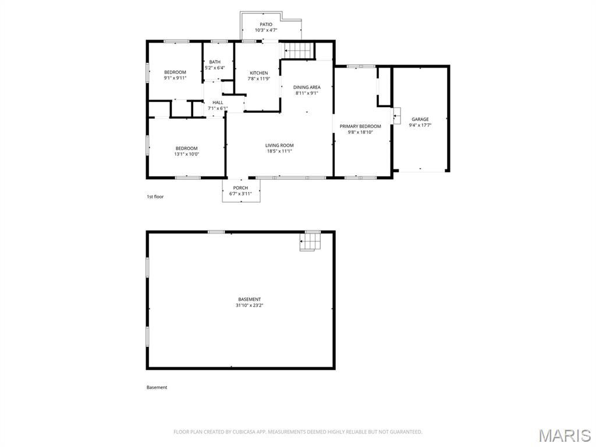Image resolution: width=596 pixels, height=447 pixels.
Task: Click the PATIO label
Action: [266, 24]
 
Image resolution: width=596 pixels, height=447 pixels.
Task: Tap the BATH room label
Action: [215, 62]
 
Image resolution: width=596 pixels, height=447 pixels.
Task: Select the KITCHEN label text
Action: [259, 73]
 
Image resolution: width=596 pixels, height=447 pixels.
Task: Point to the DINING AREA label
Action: [307, 87]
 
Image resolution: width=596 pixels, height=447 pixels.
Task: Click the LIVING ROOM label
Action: [279, 145]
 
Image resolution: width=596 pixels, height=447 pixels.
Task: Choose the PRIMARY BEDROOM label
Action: [360, 126]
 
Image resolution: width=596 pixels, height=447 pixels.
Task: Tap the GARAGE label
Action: [420, 119]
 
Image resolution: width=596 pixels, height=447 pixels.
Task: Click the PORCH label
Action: [240, 188]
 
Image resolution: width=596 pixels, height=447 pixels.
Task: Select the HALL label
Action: [218, 102]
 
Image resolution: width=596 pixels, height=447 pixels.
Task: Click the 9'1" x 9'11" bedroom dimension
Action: [175, 78]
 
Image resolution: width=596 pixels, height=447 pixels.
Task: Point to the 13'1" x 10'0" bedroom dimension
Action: [187, 154]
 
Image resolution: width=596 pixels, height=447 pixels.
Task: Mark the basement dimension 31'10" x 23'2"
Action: [250, 305]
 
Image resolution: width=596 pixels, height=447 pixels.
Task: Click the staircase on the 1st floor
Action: [299, 51]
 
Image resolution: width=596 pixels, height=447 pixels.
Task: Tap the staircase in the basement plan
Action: [311, 241]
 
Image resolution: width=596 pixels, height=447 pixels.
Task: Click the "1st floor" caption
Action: [155, 197]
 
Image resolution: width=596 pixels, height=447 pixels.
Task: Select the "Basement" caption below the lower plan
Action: [157, 387]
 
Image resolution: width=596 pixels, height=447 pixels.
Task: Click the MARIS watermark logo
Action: [565, 435]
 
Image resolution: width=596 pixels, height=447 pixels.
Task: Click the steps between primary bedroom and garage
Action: [397, 116]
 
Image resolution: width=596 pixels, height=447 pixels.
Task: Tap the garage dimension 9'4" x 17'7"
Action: [420, 125]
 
